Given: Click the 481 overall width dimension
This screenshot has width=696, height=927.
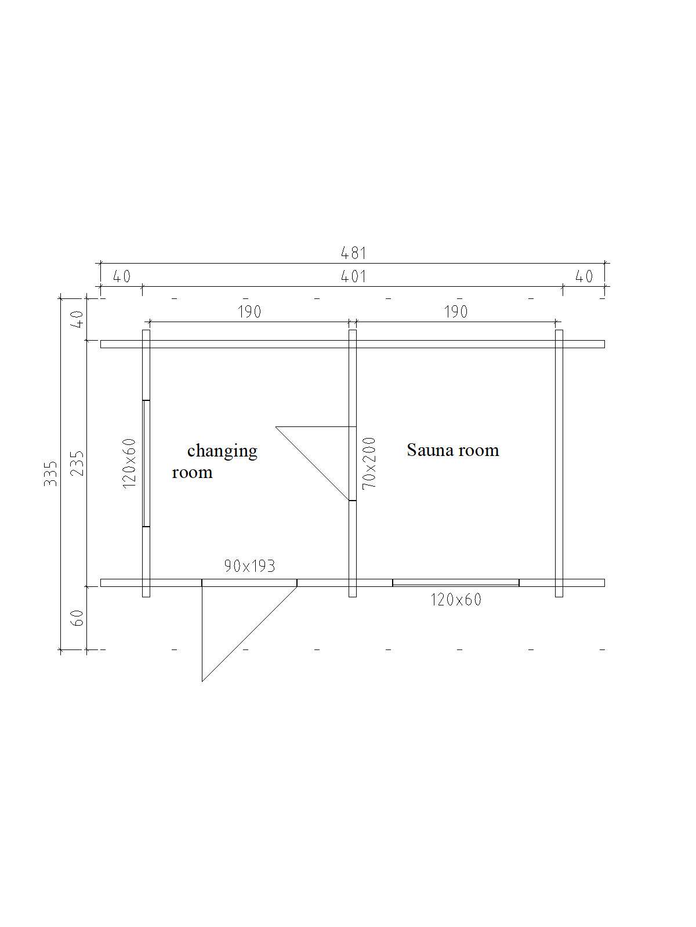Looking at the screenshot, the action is coord(353,253).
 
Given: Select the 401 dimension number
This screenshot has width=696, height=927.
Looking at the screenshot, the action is coord(353,276).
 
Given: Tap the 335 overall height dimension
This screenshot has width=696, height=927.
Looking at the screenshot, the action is coord(50,473).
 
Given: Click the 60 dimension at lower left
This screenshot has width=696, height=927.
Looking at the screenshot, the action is coord(78,618).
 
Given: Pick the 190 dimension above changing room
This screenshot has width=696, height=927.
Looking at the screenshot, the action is coord(249,312).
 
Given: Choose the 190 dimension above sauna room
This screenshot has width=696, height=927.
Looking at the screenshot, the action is coord(455,312).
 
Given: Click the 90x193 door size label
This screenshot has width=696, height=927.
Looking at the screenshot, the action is coord(249,566).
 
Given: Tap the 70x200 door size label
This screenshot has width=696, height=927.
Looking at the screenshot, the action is coord(369,463).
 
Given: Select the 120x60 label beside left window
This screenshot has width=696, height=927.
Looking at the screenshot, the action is coord(129,463).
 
